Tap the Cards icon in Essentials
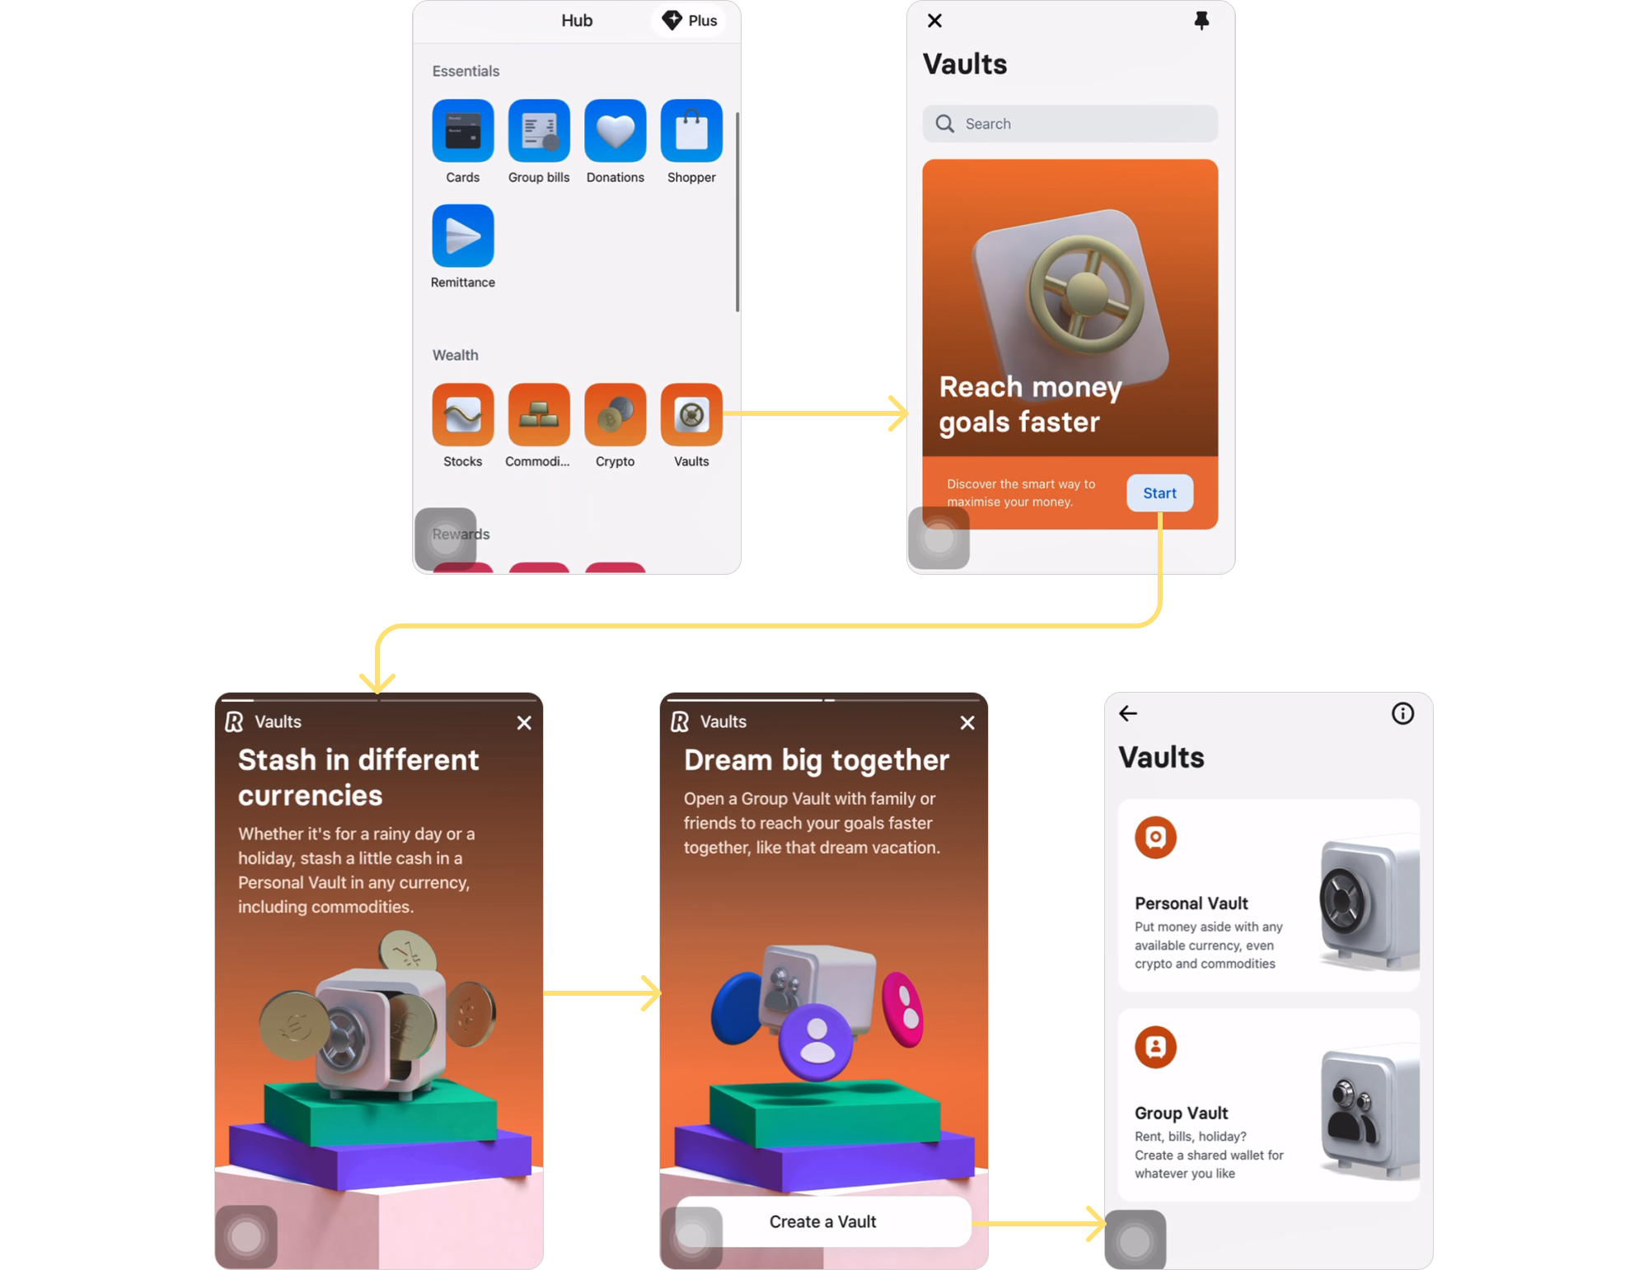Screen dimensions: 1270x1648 pyautogui.click(x=462, y=131)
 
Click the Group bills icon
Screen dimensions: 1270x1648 pyautogui.click(x=539, y=131)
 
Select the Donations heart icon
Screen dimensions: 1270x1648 pyautogui.click(x=615, y=131)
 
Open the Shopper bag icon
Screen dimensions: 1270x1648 pyautogui.click(x=691, y=131)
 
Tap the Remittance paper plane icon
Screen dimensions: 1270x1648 pyautogui.click(x=462, y=236)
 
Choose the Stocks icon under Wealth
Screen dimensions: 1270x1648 pyautogui.click(x=462, y=415)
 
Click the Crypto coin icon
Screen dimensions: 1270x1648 pyautogui.click(x=615, y=415)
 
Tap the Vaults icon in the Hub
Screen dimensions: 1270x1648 pyautogui.click(x=691, y=415)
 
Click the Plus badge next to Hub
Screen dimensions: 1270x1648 pyautogui.click(x=691, y=21)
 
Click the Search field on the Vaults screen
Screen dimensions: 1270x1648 pyautogui.click(x=1070, y=124)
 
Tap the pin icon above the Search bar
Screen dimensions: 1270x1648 pyautogui.click(x=1201, y=21)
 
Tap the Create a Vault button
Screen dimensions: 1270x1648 pyautogui.click(x=822, y=1221)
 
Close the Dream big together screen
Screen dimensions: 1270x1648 pyautogui.click(x=967, y=722)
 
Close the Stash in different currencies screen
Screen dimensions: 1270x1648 pyautogui.click(x=524, y=722)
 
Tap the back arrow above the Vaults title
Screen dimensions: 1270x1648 pyautogui.click(x=1128, y=713)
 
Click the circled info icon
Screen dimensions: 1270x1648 pyautogui.click(x=1402, y=713)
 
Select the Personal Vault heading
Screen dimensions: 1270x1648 pyautogui.click(x=1191, y=903)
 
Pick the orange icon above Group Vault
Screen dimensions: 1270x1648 pyautogui.click(x=1155, y=1047)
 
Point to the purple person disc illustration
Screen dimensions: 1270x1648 pyautogui.click(x=817, y=1040)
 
